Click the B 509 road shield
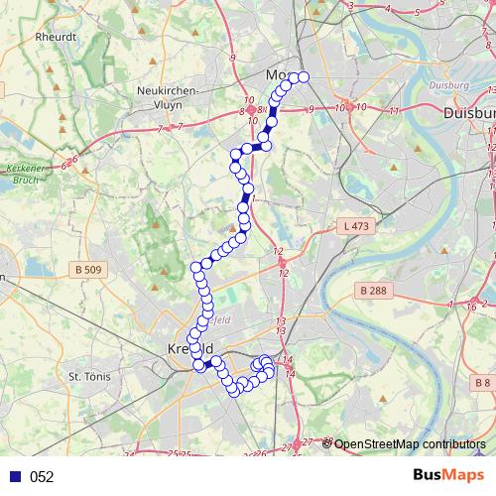pos(88,269)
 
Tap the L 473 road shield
pos(353,227)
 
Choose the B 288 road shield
pos(371,290)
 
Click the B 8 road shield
pos(482,383)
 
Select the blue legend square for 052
pos(14,477)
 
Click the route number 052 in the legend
pos(42,477)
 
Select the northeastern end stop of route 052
pos(304,77)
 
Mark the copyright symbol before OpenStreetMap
pos(327,443)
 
